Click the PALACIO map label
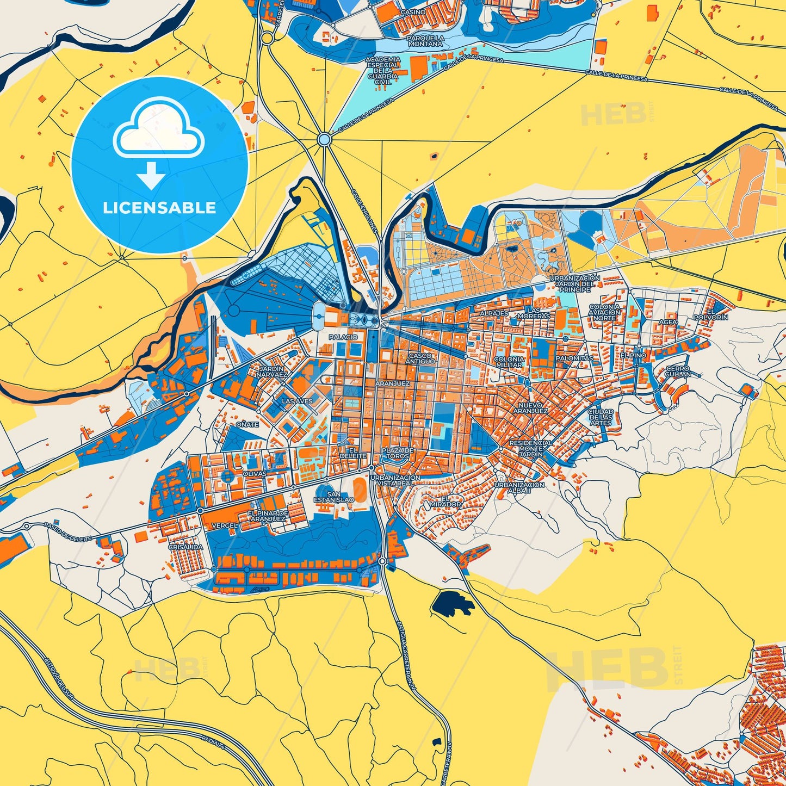click(x=343, y=337)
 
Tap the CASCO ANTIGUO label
click(x=420, y=358)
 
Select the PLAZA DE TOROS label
click(x=397, y=453)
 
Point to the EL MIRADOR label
click(x=445, y=502)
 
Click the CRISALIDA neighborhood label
click(x=185, y=547)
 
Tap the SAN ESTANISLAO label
click(x=334, y=497)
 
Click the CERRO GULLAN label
click(x=678, y=372)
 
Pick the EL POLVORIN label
click(x=710, y=314)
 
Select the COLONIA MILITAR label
click(x=509, y=362)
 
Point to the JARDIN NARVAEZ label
click(x=271, y=372)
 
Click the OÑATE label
click(x=247, y=424)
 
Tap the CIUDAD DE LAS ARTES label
click(x=601, y=417)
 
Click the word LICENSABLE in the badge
click(x=159, y=208)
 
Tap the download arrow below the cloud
click(x=151, y=176)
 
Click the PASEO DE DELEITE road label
click(x=69, y=531)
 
